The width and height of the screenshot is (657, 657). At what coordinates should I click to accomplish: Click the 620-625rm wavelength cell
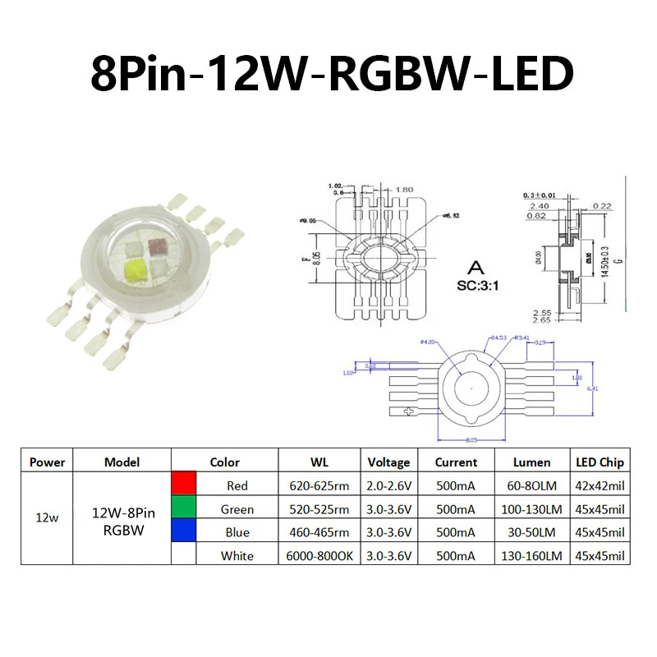coord(319,485)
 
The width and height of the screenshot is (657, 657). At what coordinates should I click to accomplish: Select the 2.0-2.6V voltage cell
coord(388,485)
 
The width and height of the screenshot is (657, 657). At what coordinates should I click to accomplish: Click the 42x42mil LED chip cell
coord(600,485)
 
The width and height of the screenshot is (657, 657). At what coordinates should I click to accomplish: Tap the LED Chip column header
coord(600,462)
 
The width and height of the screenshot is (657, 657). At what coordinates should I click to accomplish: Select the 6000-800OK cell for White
coord(319,556)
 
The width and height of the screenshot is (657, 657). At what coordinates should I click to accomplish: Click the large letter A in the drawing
coord(474,267)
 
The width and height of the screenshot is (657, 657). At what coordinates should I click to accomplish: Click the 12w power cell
coord(47,521)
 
